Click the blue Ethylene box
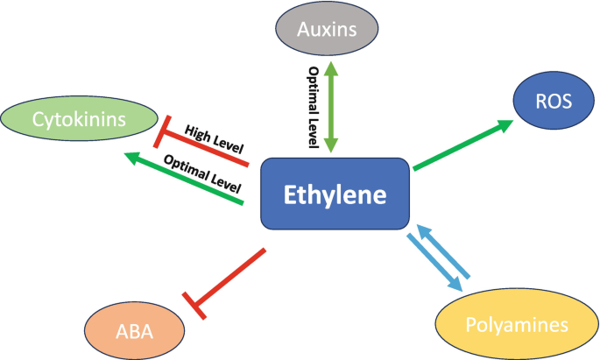pyautogui.click(x=335, y=195)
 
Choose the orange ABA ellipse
pyautogui.click(x=135, y=329)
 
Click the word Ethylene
pyautogui.click(x=335, y=195)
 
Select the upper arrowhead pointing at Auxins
pyautogui.click(x=331, y=69)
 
